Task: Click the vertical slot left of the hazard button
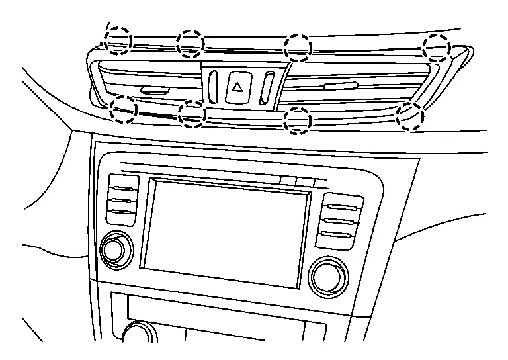coord(212,85)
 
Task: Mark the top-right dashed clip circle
coord(436,46)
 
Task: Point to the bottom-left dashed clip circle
coord(124,109)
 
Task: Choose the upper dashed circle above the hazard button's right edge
coord(297,47)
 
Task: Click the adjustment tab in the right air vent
coord(341,85)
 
